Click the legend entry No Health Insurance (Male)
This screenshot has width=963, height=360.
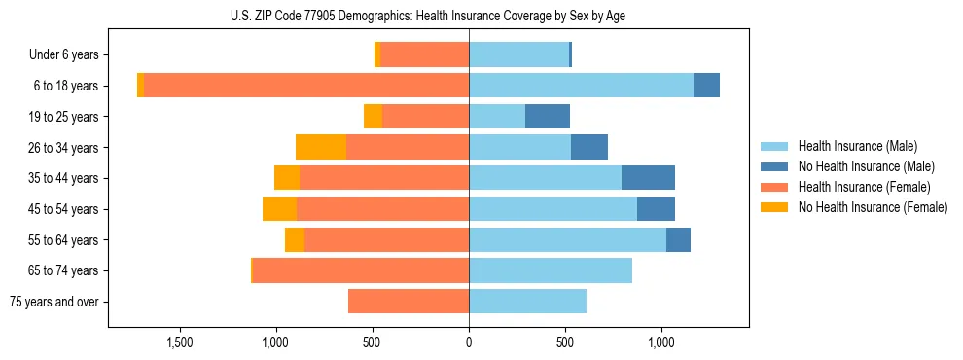865,166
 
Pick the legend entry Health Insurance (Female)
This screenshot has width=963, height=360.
864,187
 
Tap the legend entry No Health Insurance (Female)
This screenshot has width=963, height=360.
872,207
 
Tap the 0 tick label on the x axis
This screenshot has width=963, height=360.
469,342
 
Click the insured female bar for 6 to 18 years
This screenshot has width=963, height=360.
306,86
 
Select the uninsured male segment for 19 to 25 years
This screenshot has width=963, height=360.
548,117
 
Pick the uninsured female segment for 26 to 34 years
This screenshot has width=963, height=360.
321,147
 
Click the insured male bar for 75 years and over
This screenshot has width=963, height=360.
527,302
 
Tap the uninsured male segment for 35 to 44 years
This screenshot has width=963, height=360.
648,178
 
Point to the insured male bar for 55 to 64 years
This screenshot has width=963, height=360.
567,240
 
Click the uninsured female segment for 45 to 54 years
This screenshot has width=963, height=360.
279,209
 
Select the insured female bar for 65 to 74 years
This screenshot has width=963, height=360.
361,270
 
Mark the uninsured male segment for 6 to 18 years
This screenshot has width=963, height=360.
706,86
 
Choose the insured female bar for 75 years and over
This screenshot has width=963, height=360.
409,302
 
